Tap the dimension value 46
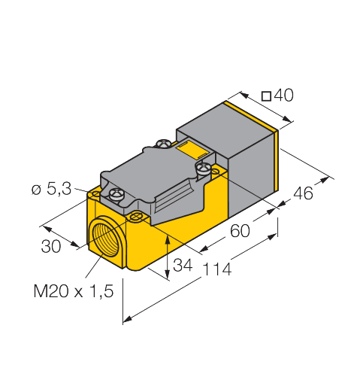(302, 193)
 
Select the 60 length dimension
(240, 231)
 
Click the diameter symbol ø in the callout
(35, 190)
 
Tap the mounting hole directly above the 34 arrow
(137, 217)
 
